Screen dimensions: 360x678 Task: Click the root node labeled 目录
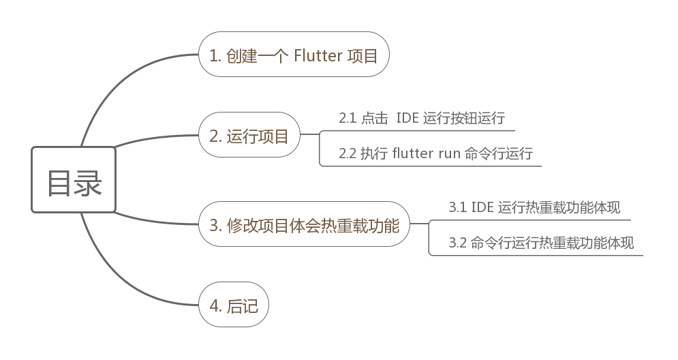[x=74, y=180]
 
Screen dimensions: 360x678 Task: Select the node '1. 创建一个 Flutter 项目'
[x=293, y=55]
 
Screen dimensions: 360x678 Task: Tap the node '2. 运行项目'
[x=249, y=135]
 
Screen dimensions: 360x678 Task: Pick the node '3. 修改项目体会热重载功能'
[x=304, y=224]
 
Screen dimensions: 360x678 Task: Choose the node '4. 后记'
[x=233, y=305]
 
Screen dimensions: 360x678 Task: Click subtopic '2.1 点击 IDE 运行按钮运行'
[x=421, y=118]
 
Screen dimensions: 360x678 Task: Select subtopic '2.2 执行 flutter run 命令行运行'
[x=435, y=153]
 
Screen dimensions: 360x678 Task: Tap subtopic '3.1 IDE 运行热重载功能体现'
[x=534, y=207]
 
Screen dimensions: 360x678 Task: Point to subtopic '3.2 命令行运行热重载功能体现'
[x=541, y=243]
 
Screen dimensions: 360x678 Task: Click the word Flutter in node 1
[x=318, y=55]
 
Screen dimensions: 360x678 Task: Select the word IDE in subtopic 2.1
[x=407, y=118]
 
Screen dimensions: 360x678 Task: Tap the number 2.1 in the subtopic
[x=348, y=118]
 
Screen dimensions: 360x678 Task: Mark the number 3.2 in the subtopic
[x=457, y=243]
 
